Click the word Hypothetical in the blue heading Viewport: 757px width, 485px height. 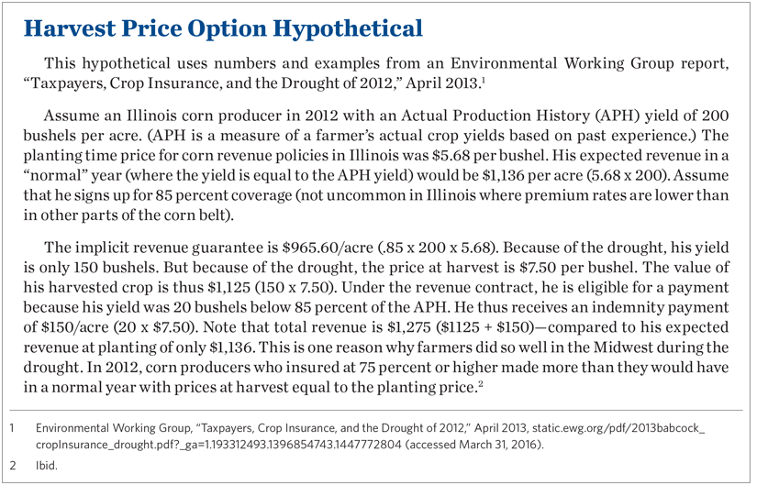point(348,28)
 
